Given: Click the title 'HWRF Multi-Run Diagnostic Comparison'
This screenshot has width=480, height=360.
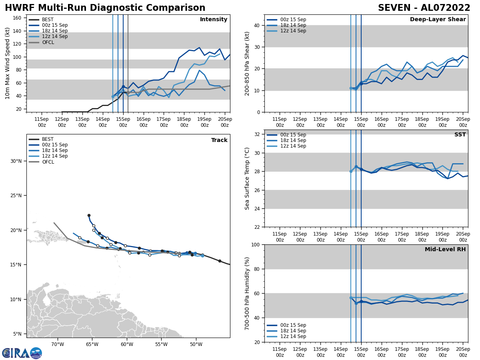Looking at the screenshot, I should [105, 8].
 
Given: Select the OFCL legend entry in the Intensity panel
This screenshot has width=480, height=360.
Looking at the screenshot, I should [48, 42].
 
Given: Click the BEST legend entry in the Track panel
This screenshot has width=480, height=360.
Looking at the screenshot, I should [48, 139].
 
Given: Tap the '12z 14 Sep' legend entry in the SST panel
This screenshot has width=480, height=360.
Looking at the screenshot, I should [293, 146].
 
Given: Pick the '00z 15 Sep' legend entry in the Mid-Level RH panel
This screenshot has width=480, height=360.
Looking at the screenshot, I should [293, 325].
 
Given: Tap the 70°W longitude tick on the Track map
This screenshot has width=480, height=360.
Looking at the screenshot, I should [58, 344].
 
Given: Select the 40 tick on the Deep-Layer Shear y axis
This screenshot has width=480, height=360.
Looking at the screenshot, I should [257, 25].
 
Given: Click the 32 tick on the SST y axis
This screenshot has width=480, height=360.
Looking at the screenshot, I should [257, 134].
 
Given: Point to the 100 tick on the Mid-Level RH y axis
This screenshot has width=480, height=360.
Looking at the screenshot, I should [255, 244].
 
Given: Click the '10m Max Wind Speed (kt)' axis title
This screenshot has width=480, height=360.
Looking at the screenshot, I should [8, 63].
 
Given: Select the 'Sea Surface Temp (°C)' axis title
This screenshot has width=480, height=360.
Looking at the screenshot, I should [247, 178].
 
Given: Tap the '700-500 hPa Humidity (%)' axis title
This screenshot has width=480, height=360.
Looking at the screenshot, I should [247, 293].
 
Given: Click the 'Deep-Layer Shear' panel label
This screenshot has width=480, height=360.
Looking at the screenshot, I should [438, 20].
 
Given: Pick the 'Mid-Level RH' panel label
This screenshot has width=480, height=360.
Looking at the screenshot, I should [445, 250].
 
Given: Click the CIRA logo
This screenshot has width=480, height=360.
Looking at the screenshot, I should [22, 353].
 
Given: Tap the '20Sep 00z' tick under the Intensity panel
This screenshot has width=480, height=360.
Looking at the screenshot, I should [225, 122].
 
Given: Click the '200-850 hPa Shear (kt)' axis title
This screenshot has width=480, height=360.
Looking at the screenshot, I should [247, 63].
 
